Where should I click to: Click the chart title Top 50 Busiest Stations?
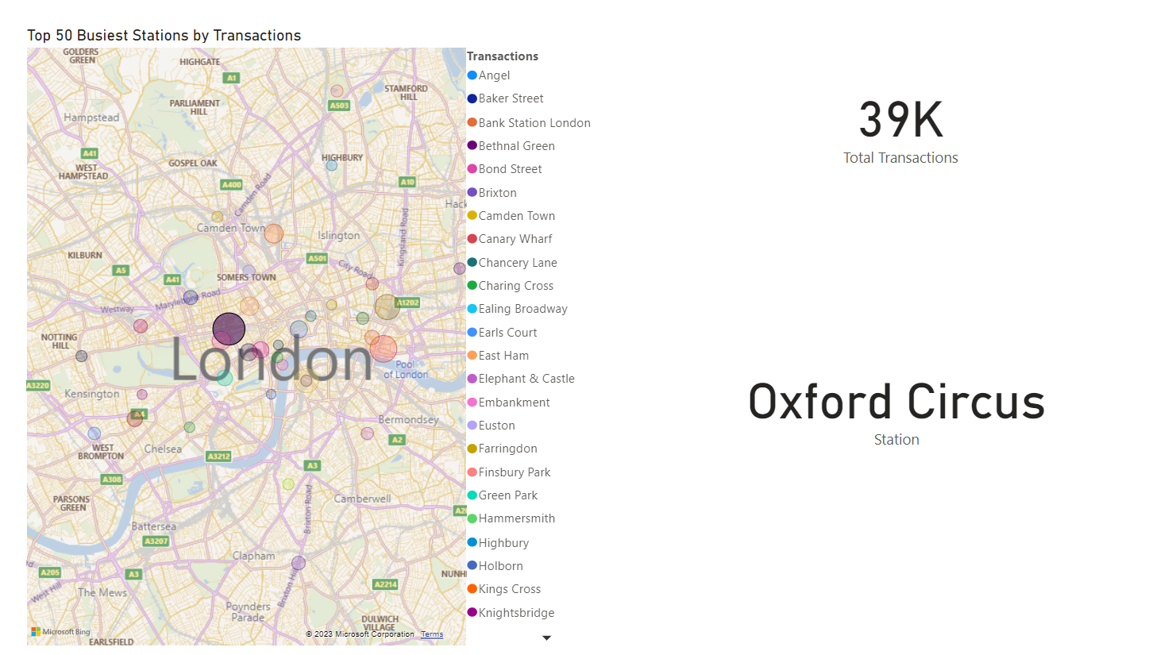(164, 36)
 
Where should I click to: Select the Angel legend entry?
(493, 75)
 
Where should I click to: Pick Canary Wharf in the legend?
(515, 239)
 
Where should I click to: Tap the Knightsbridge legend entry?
(515, 613)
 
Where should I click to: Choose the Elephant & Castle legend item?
(526, 379)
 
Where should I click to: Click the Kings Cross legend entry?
(509, 589)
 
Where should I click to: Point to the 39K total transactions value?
(900, 120)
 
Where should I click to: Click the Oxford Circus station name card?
(896, 402)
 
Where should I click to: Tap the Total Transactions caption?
(900, 158)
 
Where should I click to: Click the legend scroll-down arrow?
(546, 638)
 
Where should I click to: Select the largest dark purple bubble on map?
(229, 329)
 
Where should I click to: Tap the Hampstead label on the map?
(91, 118)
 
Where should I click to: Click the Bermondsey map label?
(408, 419)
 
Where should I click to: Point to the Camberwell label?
(362, 499)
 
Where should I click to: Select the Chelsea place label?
(163, 449)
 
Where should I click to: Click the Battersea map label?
(154, 526)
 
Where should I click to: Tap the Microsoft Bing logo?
(60, 632)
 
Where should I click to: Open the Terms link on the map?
(432, 634)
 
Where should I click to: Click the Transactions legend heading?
(503, 56)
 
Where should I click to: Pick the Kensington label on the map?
(92, 394)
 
